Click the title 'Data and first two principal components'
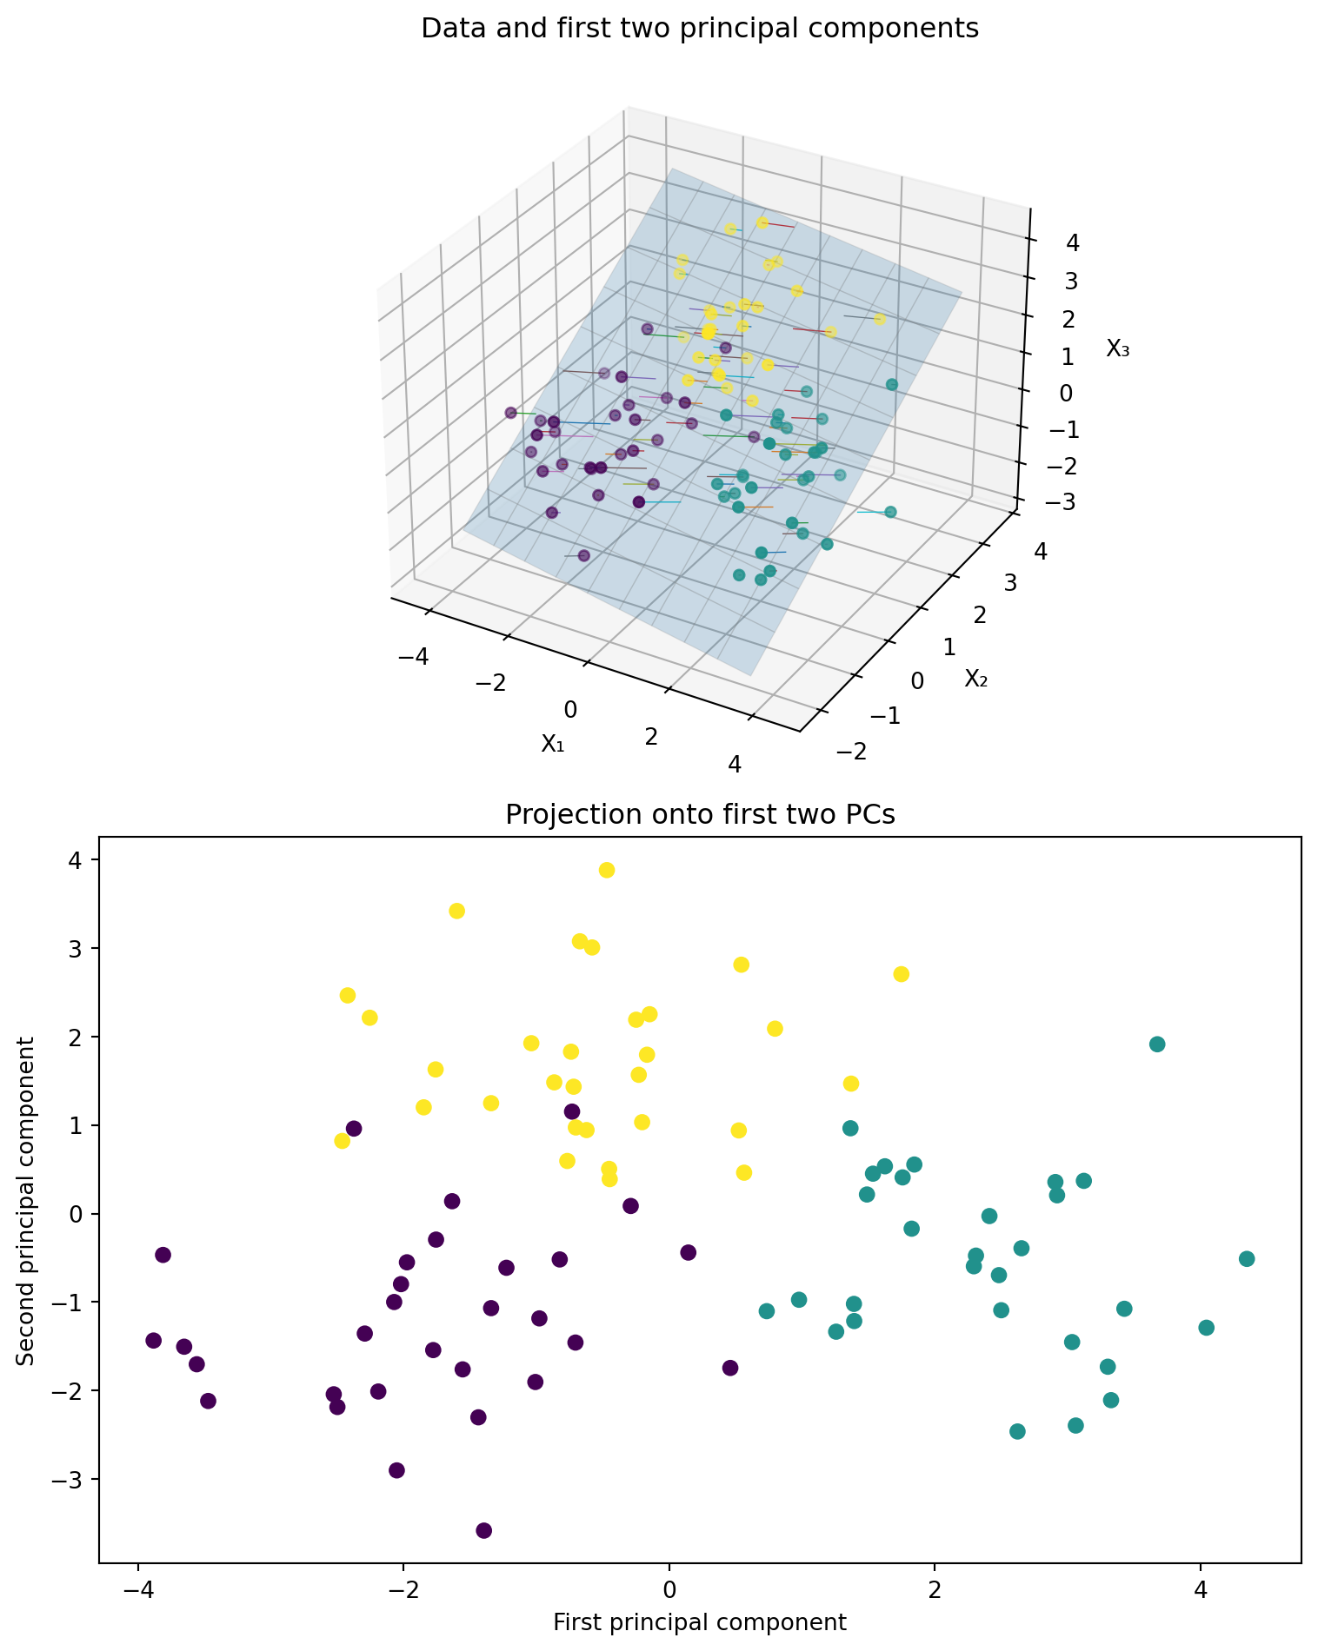point(700,29)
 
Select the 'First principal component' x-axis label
point(700,1621)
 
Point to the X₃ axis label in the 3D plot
point(1118,348)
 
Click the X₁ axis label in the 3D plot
point(553,743)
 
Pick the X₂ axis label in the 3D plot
point(976,679)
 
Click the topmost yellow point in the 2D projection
point(607,870)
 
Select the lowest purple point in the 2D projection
point(484,1530)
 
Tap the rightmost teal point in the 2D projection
point(1247,1259)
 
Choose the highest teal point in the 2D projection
point(1157,1044)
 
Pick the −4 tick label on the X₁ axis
point(413,657)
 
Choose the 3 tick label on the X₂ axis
point(1010,582)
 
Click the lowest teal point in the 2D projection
point(1017,1431)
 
